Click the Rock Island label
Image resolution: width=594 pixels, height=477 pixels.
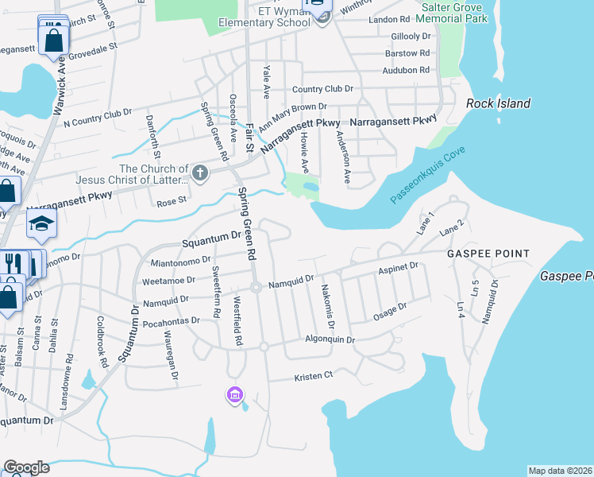coord(498,103)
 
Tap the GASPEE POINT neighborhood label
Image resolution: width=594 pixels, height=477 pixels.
coord(488,254)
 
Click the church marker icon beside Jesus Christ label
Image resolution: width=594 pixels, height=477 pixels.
coord(200,171)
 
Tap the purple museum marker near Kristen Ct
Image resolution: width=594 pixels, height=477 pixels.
coord(234,395)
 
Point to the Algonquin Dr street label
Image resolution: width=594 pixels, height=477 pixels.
coord(330,339)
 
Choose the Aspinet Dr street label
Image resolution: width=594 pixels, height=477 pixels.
coord(399,269)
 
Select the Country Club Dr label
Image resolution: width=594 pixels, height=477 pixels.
coord(322,89)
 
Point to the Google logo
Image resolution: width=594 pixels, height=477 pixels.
coord(26,467)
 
